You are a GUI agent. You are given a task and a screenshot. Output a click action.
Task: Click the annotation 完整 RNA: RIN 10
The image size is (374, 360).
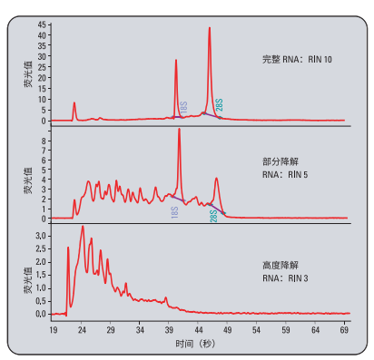[x=296, y=61]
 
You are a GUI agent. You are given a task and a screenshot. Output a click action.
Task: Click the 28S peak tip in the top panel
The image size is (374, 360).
[x=210, y=28]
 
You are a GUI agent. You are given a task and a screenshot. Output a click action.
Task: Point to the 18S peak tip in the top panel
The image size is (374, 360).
[x=176, y=61]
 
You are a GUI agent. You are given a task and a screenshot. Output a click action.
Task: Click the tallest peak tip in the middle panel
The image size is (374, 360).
[x=179, y=130]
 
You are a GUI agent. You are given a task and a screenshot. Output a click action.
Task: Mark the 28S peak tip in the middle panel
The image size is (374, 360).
[x=216, y=179]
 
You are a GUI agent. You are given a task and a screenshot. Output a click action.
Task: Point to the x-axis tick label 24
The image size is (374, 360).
[x=82, y=331]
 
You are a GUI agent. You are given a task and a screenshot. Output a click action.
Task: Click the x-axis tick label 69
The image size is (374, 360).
[x=345, y=331]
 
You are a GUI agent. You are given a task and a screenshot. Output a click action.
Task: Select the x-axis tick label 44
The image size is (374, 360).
[x=199, y=331]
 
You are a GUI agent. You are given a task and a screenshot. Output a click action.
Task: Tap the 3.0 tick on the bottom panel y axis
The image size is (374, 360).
[x=40, y=235]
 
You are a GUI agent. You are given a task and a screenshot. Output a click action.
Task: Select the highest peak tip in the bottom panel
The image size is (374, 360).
[x=83, y=227]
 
